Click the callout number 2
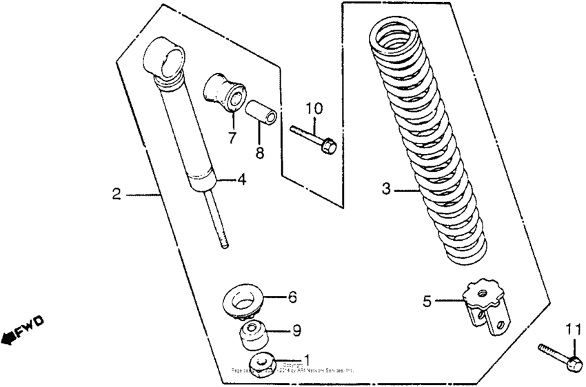117,195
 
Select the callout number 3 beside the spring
387,188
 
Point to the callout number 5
427,300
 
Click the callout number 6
292,297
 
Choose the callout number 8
260,153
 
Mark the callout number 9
296,331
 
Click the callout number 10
314,108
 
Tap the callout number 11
573,328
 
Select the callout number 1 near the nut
307,359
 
